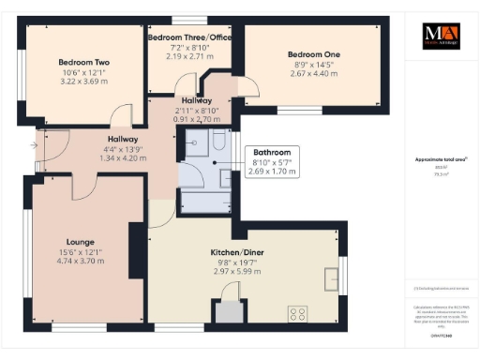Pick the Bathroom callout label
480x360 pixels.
tap(272, 152)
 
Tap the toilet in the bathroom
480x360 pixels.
tap(217, 140)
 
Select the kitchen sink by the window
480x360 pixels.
tap(332, 278)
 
